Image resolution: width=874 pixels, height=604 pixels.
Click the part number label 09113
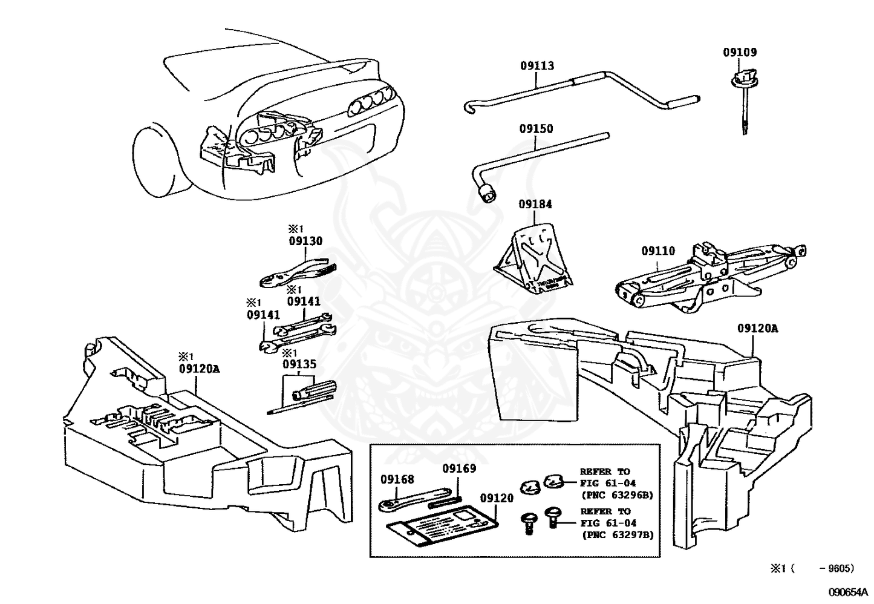pyautogui.click(x=536, y=66)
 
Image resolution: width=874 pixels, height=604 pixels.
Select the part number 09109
pyautogui.click(x=739, y=53)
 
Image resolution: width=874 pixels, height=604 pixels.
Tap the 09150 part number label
pyautogui.click(x=536, y=129)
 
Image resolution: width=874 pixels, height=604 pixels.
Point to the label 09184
pyautogui.click(x=535, y=205)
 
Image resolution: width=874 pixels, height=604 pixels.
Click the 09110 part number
pyautogui.click(x=658, y=251)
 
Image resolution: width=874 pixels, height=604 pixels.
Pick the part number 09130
pyautogui.click(x=305, y=241)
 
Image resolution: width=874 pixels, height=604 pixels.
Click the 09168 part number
pyautogui.click(x=397, y=479)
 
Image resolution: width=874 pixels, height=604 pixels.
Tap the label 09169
pyautogui.click(x=458, y=468)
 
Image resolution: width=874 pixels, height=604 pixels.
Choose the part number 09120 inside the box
pyautogui.click(x=497, y=498)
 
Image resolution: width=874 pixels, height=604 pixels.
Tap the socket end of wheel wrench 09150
pyautogui.click(x=487, y=195)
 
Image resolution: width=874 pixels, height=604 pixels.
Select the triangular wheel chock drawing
pyautogui.click(x=532, y=260)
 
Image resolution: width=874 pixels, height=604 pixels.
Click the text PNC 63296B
pyautogui.click(x=617, y=494)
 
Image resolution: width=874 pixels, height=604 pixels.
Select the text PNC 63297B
pyautogui.click(x=617, y=534)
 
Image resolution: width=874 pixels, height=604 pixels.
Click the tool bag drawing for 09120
pyautogui.click(x=442, y=525)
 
